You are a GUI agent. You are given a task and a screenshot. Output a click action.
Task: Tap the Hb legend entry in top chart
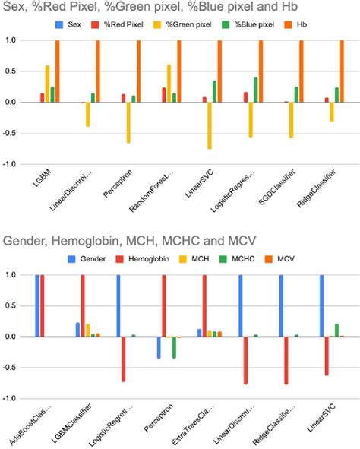[306, 25]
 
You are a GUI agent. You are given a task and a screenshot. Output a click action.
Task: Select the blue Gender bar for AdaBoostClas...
[37, 305]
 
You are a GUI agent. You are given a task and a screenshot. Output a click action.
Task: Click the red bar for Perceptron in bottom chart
[163, 305]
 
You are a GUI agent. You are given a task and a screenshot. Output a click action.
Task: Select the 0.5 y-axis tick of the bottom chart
[13, 305]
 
